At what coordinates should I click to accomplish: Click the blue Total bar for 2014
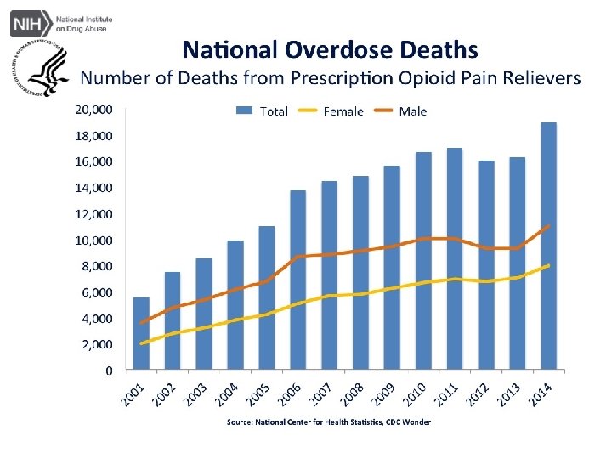(x=549, y=246)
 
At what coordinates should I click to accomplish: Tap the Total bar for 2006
(x=298, y=280)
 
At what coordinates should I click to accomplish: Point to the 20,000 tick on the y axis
(x=93, y=110)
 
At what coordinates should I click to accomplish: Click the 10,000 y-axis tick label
(x=93, y=241)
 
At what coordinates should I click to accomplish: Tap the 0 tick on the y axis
(x=108, y=371)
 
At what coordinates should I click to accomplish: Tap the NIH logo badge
(x=27, y=22)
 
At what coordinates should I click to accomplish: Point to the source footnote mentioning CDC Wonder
(x=328, y=422)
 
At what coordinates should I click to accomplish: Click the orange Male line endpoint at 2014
(x=548, y=226)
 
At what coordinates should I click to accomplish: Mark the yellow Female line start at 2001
(x=141, y=343)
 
